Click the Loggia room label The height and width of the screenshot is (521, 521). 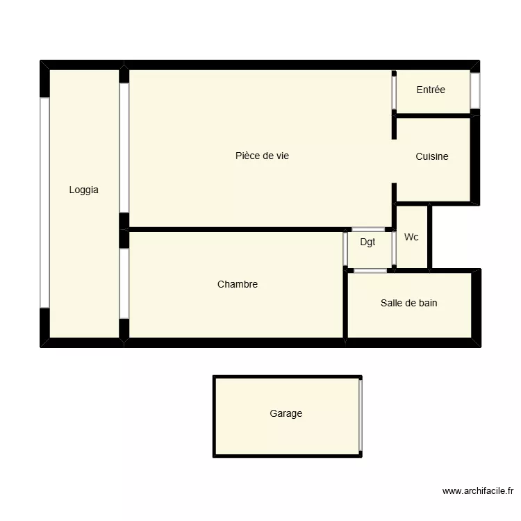click(83, 190)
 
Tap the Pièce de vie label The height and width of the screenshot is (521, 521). click(262, 156)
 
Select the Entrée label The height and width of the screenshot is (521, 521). click(431, 90)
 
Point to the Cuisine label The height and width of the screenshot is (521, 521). click(432, 157)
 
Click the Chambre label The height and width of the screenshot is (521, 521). click(238, 284)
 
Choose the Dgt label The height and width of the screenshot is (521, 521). click(367, 242)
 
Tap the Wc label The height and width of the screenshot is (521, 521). click(411, 238)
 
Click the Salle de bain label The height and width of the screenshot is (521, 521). click(408, 303)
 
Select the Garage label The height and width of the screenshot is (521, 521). click(286, 414)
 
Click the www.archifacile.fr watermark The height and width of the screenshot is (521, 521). click(477, 491)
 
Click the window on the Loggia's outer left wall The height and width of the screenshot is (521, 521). click(44, 202)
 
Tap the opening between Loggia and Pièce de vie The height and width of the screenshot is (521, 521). click(124, 147)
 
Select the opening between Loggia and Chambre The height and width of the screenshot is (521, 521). click(124, 283)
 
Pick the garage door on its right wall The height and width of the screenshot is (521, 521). click(361, 415)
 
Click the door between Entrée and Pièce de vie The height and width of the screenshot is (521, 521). click(394, 92)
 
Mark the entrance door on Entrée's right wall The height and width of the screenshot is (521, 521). click(475, 91)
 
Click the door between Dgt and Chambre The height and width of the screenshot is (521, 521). click(345, 249)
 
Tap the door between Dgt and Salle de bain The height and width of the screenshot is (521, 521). click(370, 270)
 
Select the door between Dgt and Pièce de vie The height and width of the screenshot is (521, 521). click(368, 229)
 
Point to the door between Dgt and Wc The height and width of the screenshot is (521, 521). click(394, 249)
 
